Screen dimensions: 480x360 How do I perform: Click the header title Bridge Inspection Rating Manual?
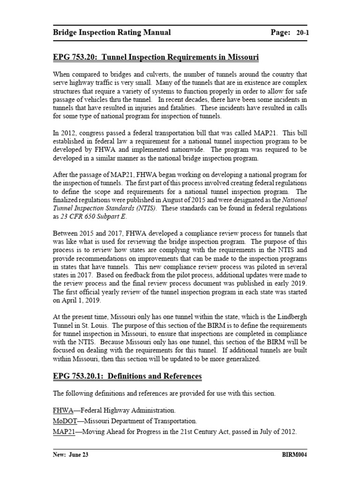112,32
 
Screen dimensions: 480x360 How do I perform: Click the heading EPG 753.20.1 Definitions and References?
127,376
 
